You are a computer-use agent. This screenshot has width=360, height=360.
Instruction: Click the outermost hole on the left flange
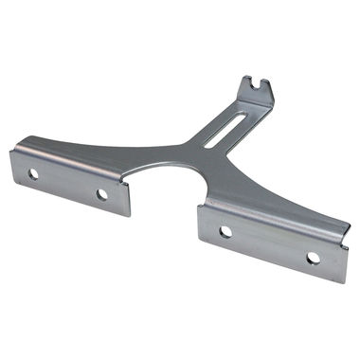click(x=33, y=174)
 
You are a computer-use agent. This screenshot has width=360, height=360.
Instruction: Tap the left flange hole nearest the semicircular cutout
click(x=101, y=194)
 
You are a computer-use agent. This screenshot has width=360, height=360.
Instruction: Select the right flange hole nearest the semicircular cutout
click(x=225, y=231)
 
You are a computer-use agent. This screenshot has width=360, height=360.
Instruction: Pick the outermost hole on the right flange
click(x=312, y=258)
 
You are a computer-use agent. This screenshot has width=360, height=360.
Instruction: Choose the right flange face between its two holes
click(x=269, y=243)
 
